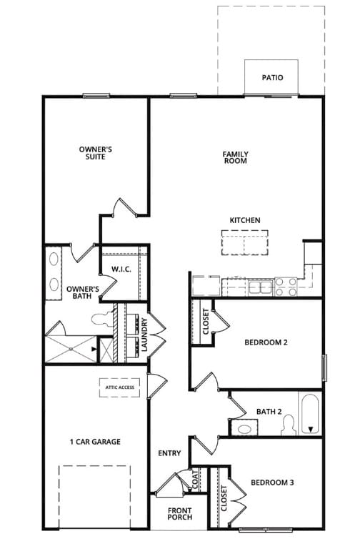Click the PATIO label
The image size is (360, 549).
273,77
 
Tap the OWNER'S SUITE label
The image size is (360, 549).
96,153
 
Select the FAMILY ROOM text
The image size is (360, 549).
236,157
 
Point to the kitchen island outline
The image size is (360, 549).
245,230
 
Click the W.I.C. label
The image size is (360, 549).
121,269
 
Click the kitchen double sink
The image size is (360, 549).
261,287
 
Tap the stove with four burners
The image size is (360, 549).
286,287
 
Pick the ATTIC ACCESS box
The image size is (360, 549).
120,387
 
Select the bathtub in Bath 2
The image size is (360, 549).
310,413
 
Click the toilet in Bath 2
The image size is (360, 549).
289,425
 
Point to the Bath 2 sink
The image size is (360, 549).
244,428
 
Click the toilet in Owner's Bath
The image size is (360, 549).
103,319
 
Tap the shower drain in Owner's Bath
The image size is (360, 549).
71,349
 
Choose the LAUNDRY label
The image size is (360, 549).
145,335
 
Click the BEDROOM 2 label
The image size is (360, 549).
266,342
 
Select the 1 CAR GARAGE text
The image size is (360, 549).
95,442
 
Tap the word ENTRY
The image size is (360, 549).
169,453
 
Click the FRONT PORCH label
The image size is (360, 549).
180,513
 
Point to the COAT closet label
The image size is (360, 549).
195,480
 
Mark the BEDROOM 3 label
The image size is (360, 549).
272,483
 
